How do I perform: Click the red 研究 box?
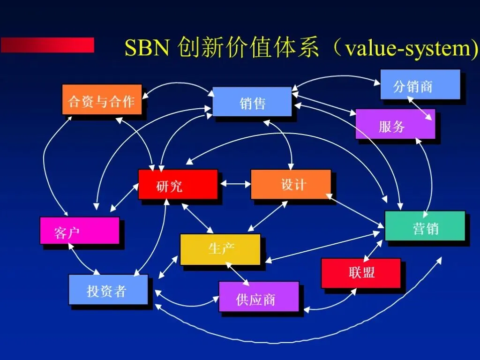pos(178,184)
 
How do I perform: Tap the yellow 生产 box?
pos(220,249)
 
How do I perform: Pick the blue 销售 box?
pos(252,101)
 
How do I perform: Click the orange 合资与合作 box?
pos(102,99)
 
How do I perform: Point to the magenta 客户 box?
pos(79,231)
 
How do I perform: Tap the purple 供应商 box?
pos(258,296)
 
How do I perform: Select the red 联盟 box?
pos(360,273)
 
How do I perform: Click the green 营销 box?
pos(425,226)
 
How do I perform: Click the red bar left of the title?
pos(47,45)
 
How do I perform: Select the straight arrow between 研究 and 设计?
pos(235,184)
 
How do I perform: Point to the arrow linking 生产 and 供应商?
pos(238,273)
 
